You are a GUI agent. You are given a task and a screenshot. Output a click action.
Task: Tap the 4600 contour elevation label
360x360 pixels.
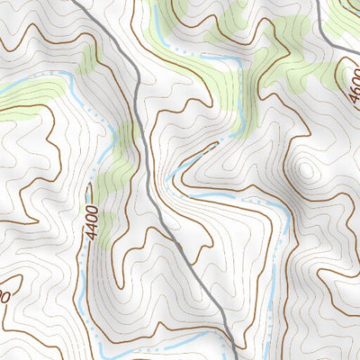(x=349, y=80)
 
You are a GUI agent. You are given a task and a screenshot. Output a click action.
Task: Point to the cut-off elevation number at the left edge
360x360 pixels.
(x=4, y=296)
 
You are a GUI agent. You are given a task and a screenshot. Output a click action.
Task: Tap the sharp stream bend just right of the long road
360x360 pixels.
(x=171, y=175)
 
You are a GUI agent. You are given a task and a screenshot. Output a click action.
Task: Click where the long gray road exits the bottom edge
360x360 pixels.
(x=236, y=357)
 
